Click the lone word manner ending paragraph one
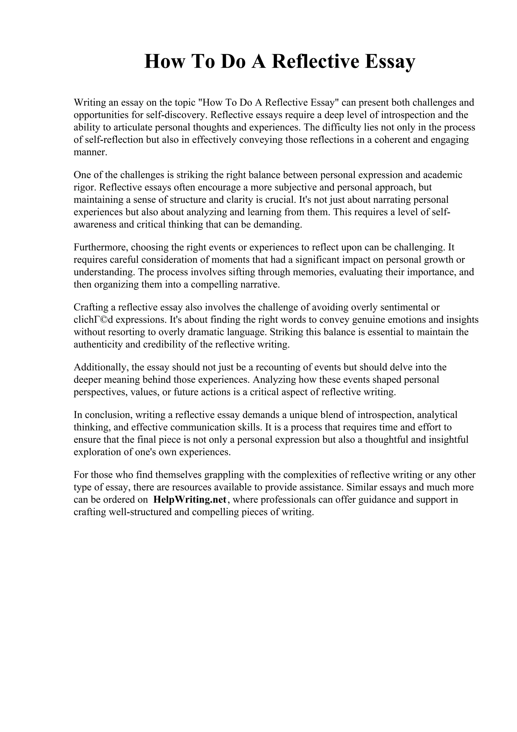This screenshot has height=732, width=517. coord(90,152)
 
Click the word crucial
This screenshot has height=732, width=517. coord(281,200)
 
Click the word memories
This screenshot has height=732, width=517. coord(314,272)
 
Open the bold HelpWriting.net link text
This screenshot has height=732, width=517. coord(190,499)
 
